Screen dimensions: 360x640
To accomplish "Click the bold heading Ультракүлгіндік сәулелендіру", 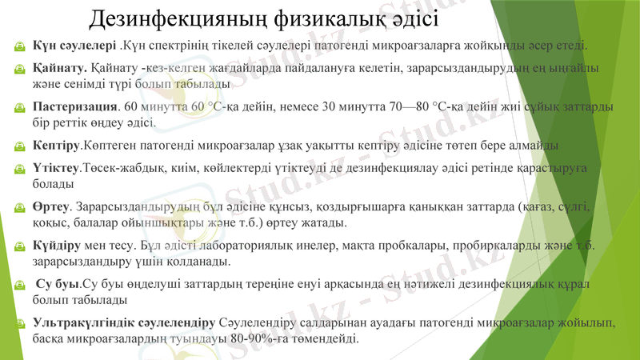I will tap(123, 322).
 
